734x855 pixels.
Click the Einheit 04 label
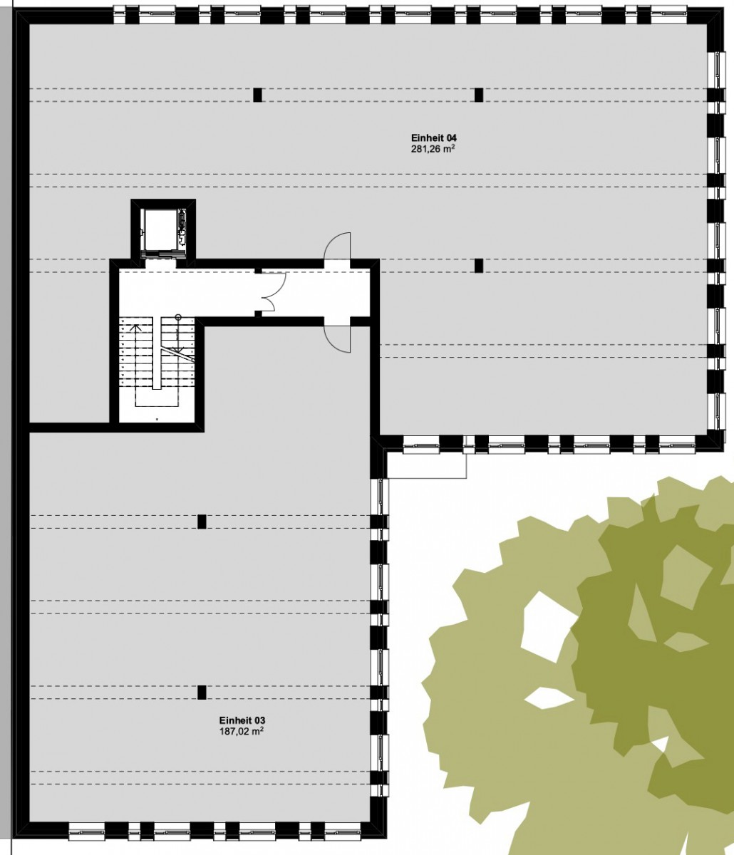[x=433, y=138]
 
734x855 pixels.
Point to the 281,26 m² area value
[x=433, y=150]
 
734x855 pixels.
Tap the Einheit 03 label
[x=242, y=720]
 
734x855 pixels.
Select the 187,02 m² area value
[x=242, y=731]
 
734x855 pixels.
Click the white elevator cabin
[x=162, y=229]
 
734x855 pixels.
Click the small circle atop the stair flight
[x=178, y=317]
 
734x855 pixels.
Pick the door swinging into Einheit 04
[x=337, y=246]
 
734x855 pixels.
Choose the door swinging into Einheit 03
[x=337, y=338]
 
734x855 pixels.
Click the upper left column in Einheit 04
[x=257, y=95]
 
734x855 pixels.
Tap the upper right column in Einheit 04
[x=479, y=95]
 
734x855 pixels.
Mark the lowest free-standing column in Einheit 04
[x=479, y=266]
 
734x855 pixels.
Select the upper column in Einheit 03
[x=202, y=522]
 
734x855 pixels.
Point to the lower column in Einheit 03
[x=202, y=692]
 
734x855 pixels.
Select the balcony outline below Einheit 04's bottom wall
[x=426, y=479]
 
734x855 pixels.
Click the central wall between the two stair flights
[x=157, y=353]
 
